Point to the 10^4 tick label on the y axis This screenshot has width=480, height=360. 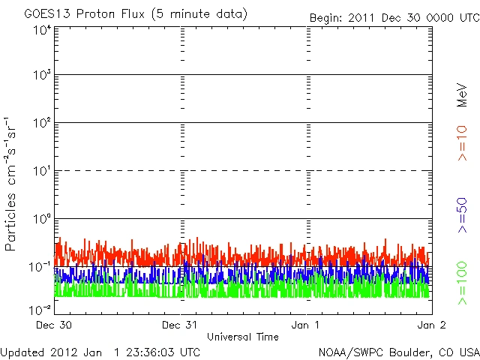click(x=42, y=30)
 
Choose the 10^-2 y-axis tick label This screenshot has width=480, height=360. click(x=40, y=310)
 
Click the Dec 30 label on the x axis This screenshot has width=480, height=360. click(x=55, y=325)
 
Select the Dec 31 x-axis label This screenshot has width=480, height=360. click(x=181, y=325)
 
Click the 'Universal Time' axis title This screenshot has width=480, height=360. click(x=242, y=337)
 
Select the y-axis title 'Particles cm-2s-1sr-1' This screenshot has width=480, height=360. click(x=13, y=184)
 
